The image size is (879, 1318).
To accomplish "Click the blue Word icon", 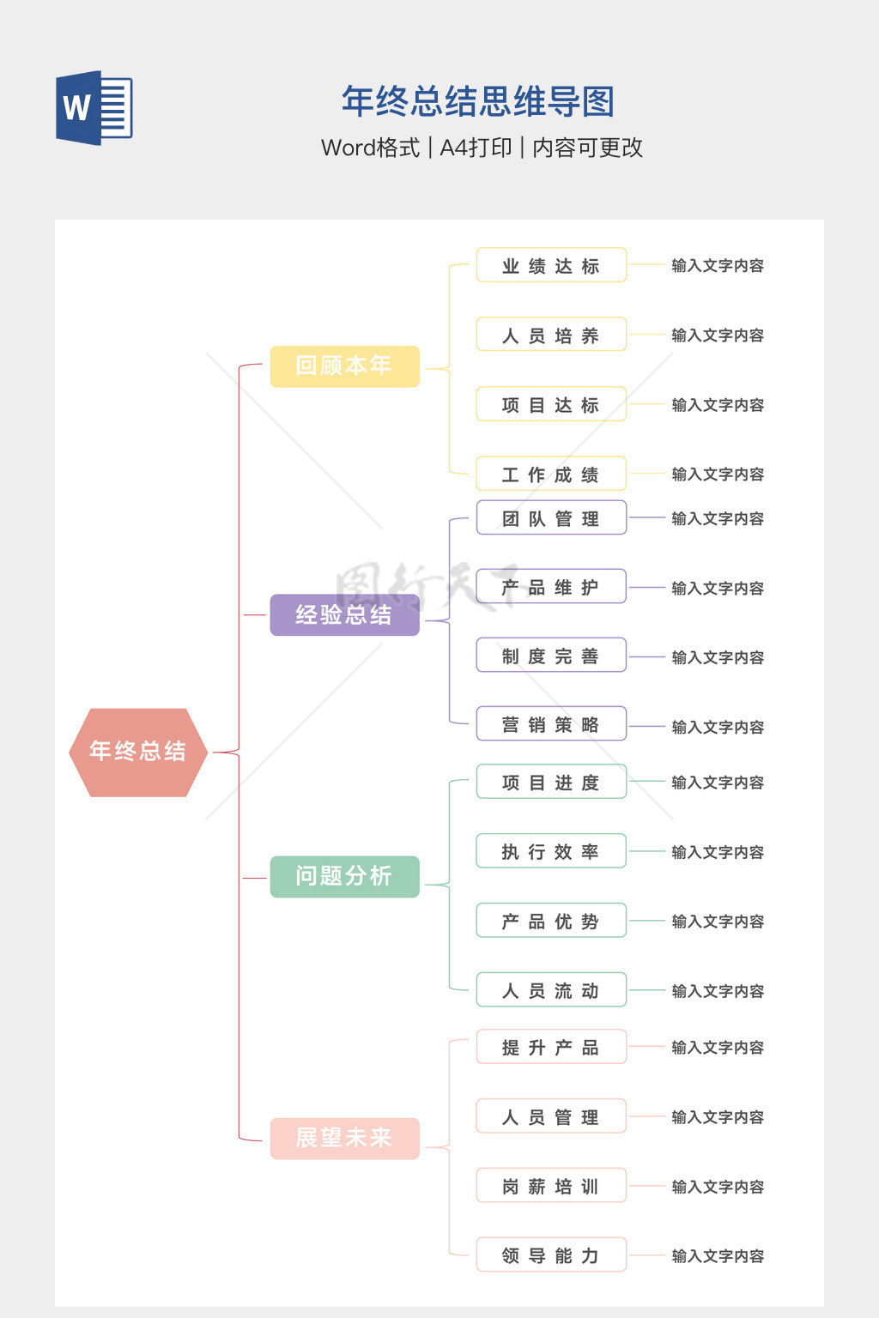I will click(94, 107).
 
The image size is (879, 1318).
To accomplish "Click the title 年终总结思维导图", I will click(478, 102).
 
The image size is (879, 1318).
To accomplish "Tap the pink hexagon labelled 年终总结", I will click(138, 752).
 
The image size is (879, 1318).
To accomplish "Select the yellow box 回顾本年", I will click(344, 366).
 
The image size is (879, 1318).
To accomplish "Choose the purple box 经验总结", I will click(344, 614).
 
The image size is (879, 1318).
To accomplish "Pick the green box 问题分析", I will click(344, 876).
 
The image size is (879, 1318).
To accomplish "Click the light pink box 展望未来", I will click(344, 1138).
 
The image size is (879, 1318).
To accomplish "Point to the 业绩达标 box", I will click(551, 266).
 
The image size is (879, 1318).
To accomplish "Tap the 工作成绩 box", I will click(551, 475).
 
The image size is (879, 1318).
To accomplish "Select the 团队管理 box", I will click(551, 518).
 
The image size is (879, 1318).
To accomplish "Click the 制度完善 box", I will click(551, 656).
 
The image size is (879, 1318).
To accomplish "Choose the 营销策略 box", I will click(551, 725).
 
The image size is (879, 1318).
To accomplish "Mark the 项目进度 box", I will click(551, 783).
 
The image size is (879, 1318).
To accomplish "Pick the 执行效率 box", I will click(551, 852).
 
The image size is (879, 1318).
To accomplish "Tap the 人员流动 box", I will click(551, 991).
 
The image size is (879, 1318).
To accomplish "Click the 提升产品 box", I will click(551, 1048).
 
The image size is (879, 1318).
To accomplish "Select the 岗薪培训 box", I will click(551, 1187).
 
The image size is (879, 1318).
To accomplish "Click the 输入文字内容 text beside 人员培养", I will click(718, 336).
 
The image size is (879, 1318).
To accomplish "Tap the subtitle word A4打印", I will click(476, 148).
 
